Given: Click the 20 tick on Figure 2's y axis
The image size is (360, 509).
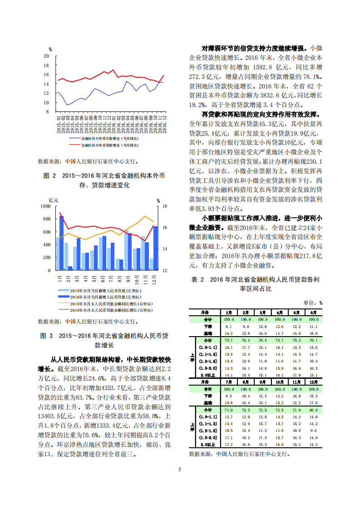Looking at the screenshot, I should coord(46,56).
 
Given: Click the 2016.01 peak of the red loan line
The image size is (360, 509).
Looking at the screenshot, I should coord(113,70).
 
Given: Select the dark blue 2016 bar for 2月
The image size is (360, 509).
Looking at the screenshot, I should coord(70,268).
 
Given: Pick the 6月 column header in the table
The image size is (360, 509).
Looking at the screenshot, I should coord(313,313).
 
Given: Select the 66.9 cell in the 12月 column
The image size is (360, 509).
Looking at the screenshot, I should coord(313,411).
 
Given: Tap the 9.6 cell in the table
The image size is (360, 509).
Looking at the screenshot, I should coord(313,430).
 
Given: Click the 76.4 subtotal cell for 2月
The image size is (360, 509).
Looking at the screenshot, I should coord(246,340).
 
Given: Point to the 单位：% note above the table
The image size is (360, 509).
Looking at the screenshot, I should coord(313,303).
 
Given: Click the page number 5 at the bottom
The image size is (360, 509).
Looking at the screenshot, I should coord(180,470).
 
